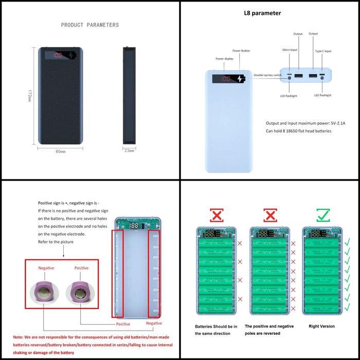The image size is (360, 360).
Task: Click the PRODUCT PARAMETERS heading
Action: (89, 25)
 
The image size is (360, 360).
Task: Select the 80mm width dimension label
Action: (60, 151)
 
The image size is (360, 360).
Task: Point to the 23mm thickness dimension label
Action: (130, 151)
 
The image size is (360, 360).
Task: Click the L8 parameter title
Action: (262, 13)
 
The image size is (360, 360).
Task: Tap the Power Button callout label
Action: (241, 51)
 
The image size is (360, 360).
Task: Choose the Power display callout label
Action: (224, 59)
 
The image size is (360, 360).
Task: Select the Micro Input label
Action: (290, 50)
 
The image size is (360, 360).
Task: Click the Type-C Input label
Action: (322, 51)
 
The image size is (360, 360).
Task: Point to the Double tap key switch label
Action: (267, 75)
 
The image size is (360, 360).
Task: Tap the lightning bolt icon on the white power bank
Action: (241, 79)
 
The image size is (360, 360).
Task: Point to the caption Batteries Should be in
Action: (215, 326)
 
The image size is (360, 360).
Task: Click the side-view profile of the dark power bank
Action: (129, 95)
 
